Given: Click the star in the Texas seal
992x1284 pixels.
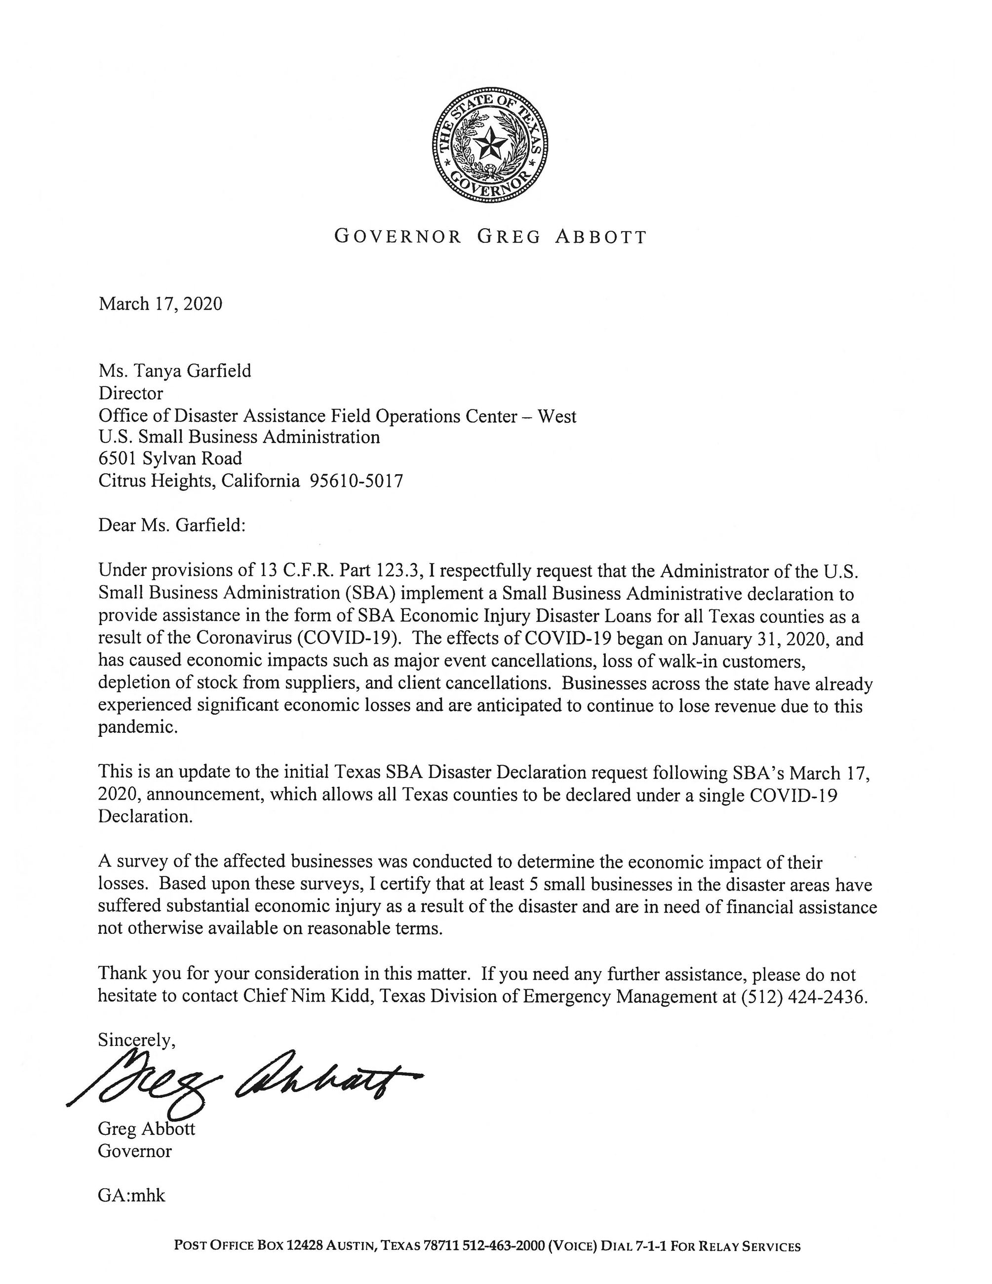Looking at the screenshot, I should coord(491,143).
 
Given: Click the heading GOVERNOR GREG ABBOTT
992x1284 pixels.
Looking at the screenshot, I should coord(491,237).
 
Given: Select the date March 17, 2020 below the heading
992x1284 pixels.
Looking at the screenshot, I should coord(160,304).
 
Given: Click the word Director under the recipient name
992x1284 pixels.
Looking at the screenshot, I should coord(130,393).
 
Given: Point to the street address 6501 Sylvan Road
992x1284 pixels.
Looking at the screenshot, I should coord(170,459).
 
